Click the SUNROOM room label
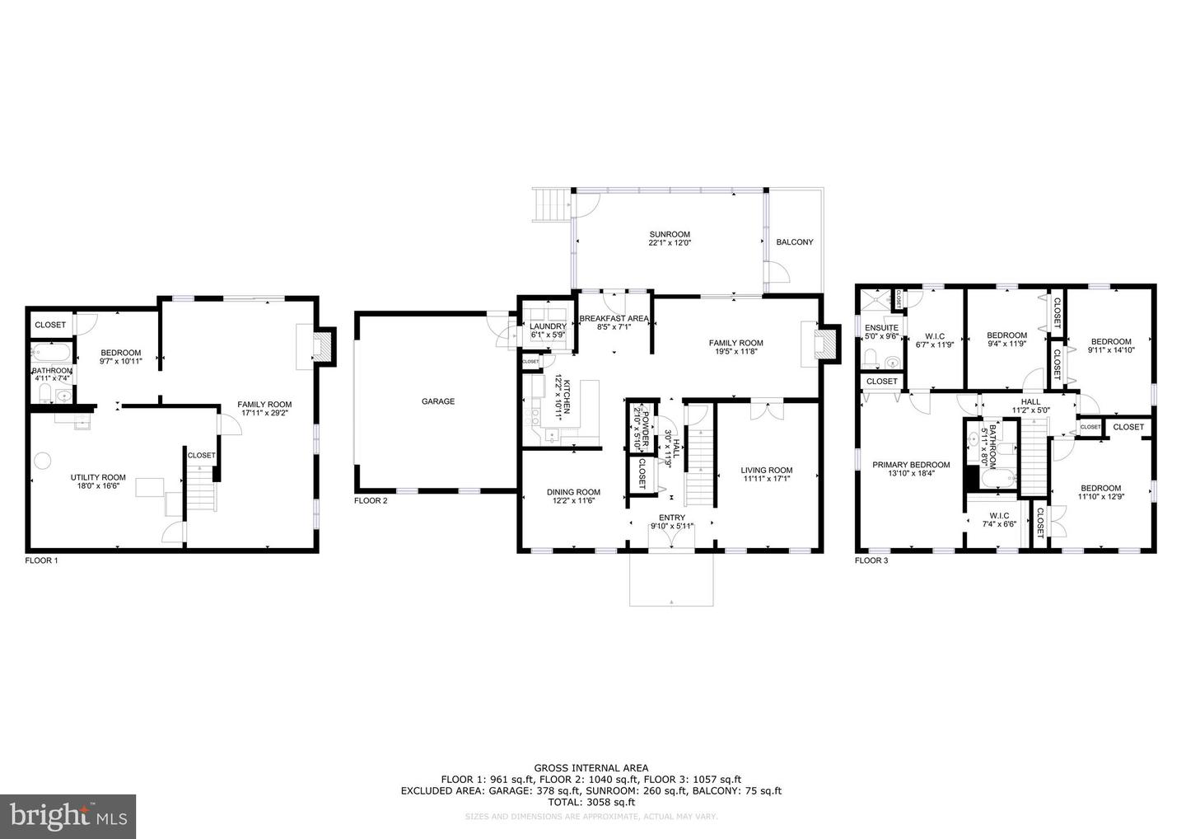pos(669,234)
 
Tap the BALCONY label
pos(795,242)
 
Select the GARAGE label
pos(438,401)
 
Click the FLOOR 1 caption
pos(42,560)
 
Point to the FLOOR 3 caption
pos(871,560)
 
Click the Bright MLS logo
pos(68,816)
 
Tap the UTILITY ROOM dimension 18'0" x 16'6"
pos(98,486)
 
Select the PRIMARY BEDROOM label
pos(911,465)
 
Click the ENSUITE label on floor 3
pos(881,327)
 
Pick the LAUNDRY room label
pos(548,326)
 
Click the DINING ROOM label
pos(573,492)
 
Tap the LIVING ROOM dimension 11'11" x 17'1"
pos(767,479)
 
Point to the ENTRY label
pos(672,518)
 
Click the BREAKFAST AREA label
pos(614,318)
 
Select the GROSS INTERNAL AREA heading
pos(591,768)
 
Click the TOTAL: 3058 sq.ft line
pos(591,801)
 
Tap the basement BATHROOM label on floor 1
pos(52,371)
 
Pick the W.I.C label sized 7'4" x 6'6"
pos(999,516)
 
